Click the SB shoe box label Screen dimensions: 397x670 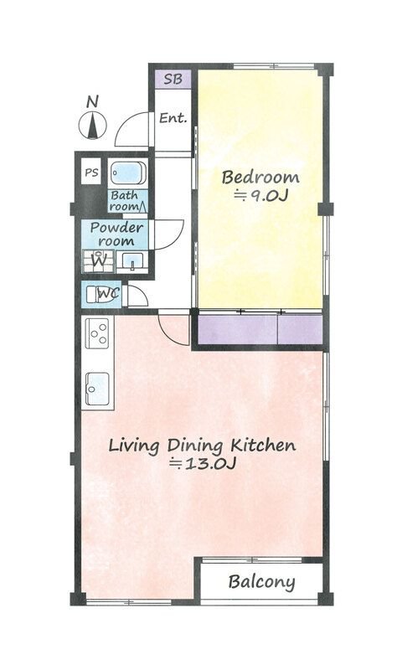click(173, 80)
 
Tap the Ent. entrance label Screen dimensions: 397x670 click(173, 118)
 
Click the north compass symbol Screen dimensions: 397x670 click(92, 120)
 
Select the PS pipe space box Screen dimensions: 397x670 click(91, 173)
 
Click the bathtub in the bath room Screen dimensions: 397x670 click(128, 173)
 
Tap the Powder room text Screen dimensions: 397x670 click(116, 234)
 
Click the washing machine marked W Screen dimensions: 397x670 click(98, 261)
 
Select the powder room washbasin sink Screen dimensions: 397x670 click(132, 261)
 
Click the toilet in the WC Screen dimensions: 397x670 click(101, 295)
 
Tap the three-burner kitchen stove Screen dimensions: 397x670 click(97, 333)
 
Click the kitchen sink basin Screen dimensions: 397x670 click(97, 389)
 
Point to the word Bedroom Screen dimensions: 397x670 click(260, 177)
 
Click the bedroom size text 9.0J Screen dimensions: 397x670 click(261, 196)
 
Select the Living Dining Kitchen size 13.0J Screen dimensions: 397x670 click(203, 464)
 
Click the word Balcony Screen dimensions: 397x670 click(261, 582)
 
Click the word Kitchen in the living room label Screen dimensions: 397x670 click(263, 446)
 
